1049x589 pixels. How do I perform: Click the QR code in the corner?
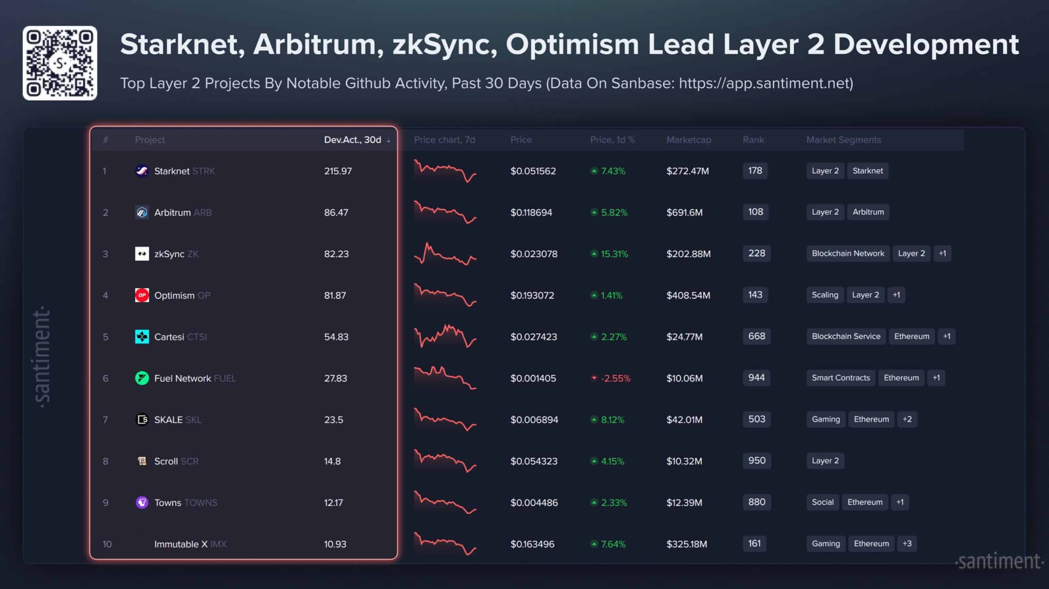pos(60,63)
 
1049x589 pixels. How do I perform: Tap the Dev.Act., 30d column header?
pos(352,140)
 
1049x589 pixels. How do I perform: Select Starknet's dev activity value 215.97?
pos(338,171)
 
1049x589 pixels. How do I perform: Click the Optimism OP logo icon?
pos(142,295)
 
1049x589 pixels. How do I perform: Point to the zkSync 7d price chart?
pos(445,254)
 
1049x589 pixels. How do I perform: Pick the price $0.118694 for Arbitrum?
pos(531,212)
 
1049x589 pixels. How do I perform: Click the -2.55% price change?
pos(615,378)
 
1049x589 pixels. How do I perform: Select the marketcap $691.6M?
pos(684,212)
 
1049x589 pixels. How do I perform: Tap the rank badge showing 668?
pos(756,336)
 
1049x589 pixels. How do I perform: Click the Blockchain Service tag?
pos(846,336)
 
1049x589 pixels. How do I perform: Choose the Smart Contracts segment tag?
pos(840,378)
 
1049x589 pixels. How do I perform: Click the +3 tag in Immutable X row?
pos(907,544)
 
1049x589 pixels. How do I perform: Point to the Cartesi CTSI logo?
pos(142,337)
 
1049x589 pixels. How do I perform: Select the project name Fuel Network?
pos(182,378)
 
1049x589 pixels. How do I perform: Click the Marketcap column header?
pos(688,140)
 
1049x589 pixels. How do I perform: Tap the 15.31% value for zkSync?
pos(614,254)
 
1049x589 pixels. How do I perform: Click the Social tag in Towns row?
pos(822,502)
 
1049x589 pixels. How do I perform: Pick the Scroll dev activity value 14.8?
pos(332,461)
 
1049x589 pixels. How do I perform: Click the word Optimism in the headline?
pos(572,44)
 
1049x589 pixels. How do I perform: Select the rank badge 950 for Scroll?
pos(756,460)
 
